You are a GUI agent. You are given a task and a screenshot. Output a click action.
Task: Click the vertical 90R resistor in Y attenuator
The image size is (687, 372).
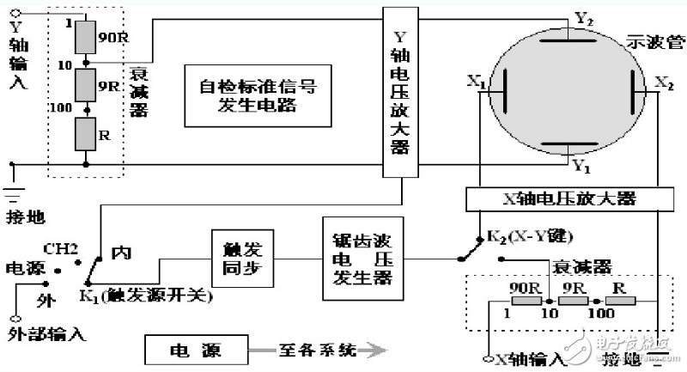[85, 38]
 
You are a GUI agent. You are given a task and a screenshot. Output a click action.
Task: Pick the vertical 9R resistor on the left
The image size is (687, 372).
[85, 85]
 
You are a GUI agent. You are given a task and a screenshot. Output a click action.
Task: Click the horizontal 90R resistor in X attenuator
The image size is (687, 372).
[525, 300]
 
